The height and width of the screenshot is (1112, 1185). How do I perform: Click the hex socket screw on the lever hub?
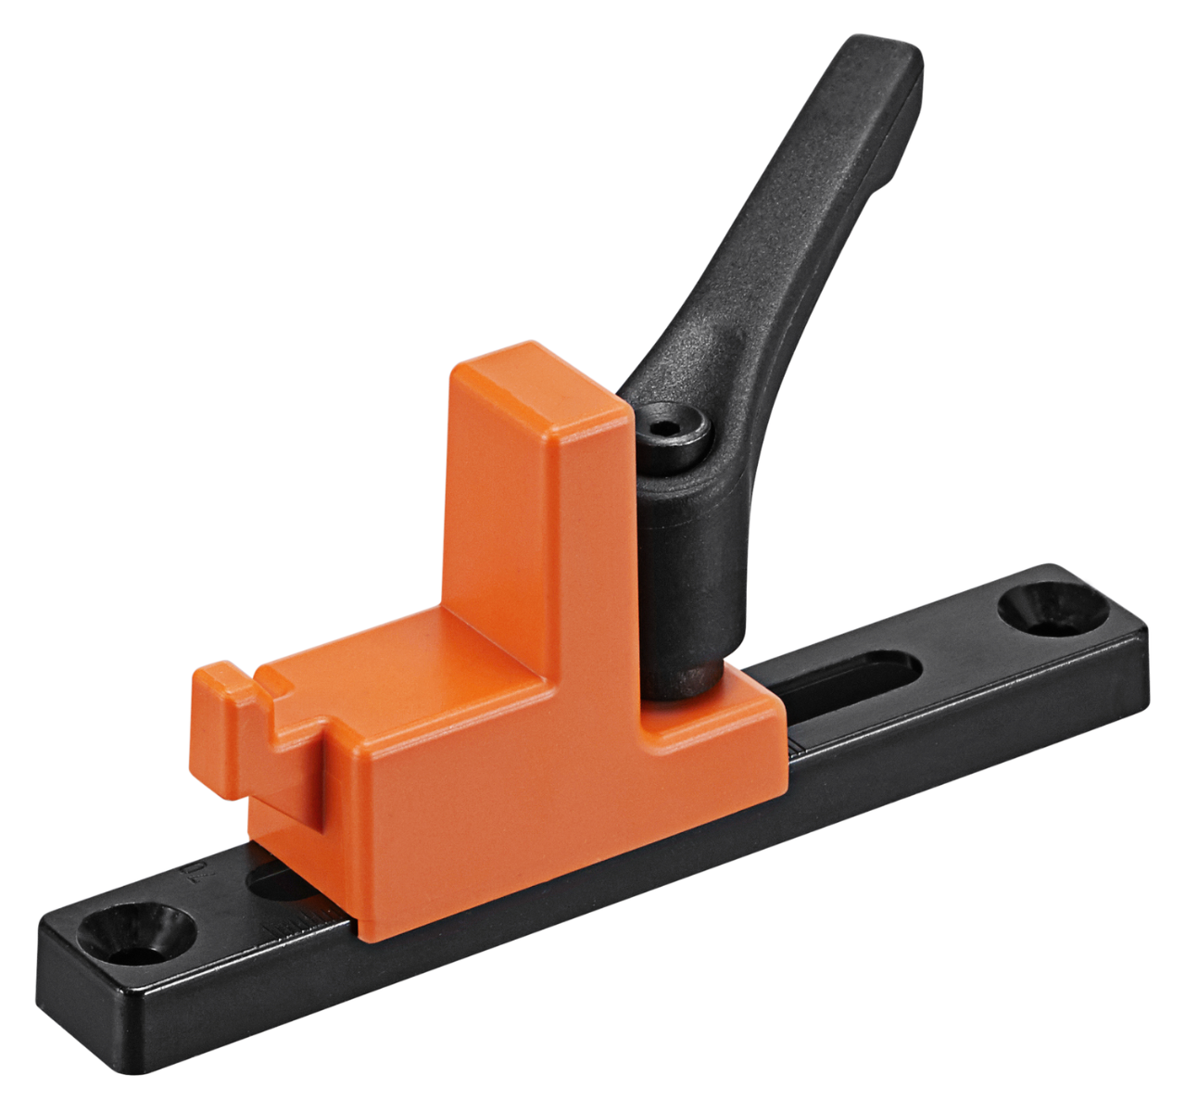point(672,430)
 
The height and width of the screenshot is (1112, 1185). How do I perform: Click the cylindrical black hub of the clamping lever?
point(690,575)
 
